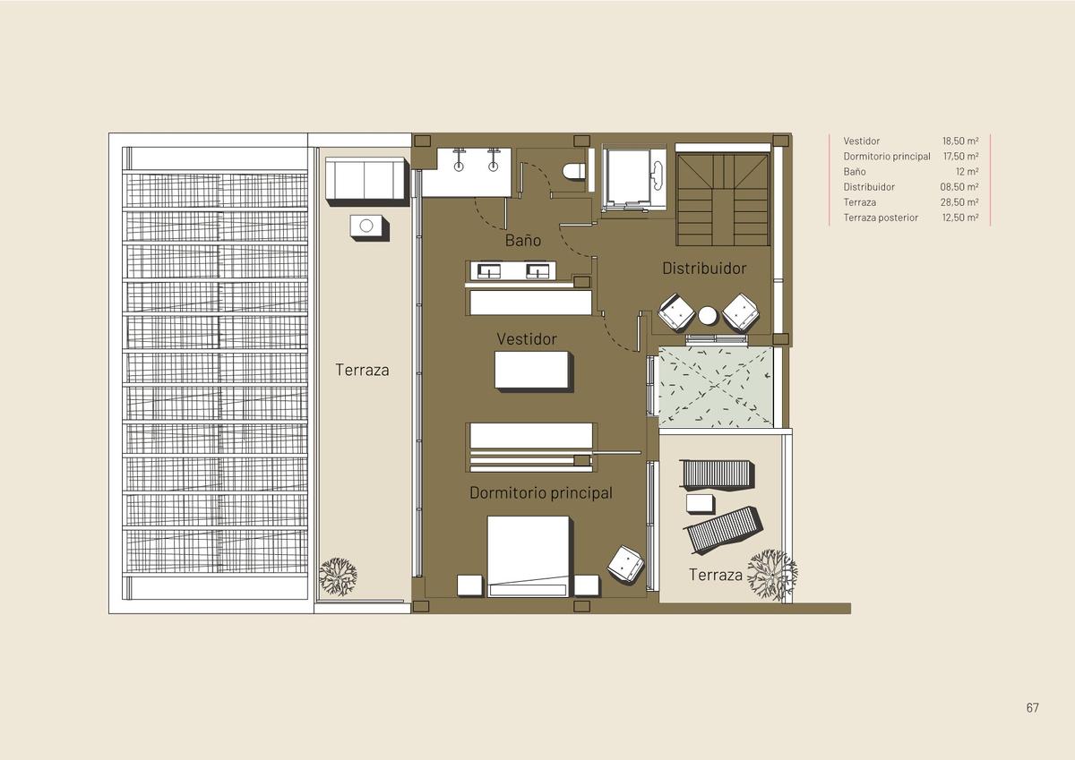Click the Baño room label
point(522,240)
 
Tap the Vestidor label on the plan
point(527,339)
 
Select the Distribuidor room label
point(704,268)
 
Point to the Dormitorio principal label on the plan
point(541,493)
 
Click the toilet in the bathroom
point(573,171)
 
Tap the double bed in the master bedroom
point(529,556)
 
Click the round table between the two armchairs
point(708,315)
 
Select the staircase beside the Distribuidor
point(723,200)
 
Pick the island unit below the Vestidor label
point(533,371)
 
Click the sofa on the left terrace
point(367,180)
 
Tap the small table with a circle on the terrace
point(368,226)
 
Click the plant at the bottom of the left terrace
point(339,576)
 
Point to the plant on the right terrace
point(772,575)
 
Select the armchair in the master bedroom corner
point(625,564)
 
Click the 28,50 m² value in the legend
point(959,202)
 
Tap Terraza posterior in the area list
point(881,218)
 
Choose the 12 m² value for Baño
point(967,171)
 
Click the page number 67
point(1033,708)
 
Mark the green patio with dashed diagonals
point(716,387)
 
